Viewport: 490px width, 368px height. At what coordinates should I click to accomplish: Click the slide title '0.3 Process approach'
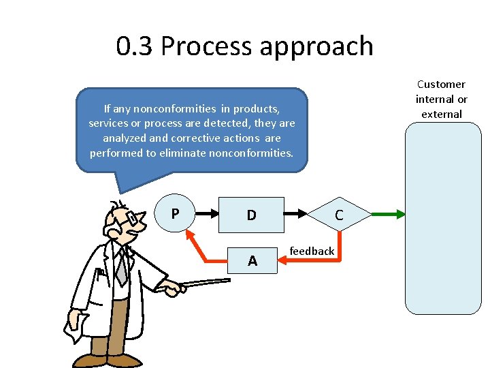(x=244, y=46)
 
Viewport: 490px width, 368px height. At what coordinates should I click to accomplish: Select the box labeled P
(x=176, y=214)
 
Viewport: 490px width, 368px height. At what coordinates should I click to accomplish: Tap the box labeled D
(x=251, y=215)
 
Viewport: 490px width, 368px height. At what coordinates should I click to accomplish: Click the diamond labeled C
(x=338, y=215)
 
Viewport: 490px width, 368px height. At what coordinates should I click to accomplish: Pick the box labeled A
(x=252, y=260)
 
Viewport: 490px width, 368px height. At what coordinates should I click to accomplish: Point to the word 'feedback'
(x=312, y=251)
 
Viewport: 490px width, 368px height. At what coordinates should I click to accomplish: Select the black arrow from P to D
(x=207, y=214)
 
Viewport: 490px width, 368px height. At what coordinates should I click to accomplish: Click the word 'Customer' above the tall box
(x=441, y=85)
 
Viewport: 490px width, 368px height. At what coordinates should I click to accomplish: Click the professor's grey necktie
(x=121, y=268)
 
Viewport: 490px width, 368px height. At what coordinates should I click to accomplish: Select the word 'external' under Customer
(x=442, y=114)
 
